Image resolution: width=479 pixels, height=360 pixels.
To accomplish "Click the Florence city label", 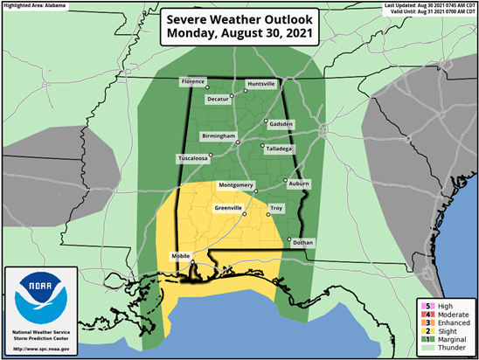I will point(191,81).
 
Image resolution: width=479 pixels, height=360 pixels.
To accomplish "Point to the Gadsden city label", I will point(280,123).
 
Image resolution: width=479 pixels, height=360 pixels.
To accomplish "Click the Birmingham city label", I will point(219,136).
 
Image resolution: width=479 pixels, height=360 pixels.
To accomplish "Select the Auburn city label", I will point(298,185).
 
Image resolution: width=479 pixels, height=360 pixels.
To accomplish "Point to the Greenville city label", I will point(229,208).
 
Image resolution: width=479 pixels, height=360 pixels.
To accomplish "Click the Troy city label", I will point(276,208).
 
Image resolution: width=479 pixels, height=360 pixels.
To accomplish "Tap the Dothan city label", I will point(302,242).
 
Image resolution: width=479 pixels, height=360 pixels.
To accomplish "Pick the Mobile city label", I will point(180,255).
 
